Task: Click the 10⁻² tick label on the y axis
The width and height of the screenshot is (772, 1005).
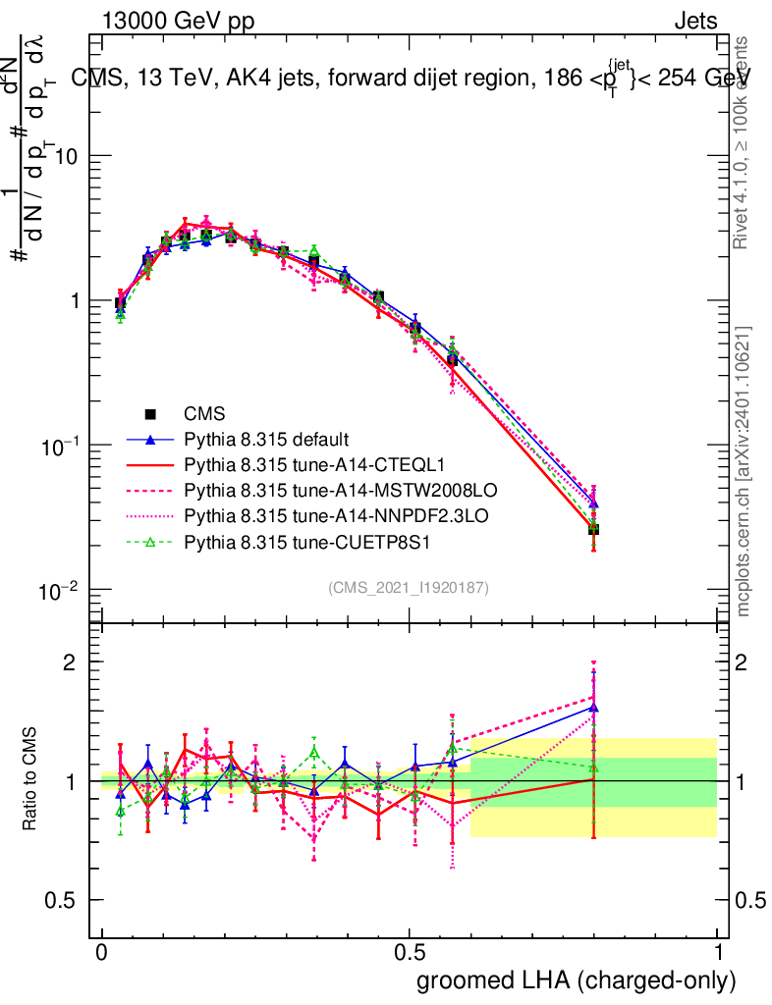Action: [60, 591]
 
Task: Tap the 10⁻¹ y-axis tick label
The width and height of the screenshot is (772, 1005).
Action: [60, 447]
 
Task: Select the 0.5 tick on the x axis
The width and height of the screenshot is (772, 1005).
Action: [410, 953]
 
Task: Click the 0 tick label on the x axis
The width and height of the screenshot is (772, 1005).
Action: [101, 953]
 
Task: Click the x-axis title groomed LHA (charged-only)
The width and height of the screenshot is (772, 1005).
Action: [577, 980]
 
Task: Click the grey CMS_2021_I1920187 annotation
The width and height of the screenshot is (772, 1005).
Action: [409, 587]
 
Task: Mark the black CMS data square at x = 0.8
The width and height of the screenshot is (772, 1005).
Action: [593, 530]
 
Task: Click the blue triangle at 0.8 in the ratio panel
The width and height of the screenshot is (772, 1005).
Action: [593, 707]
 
